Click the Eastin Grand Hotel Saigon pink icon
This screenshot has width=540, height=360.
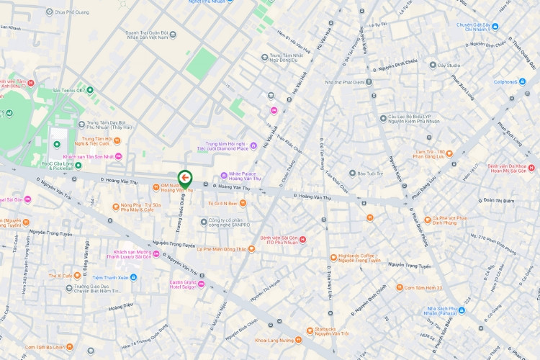point(202,283)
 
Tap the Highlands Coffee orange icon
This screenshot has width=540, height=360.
point(333,257)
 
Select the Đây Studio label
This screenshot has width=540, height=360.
point(449,66)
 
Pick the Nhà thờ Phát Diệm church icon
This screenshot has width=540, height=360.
point(369,82)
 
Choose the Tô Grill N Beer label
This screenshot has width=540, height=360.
point(222,204)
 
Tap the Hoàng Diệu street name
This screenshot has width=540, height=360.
point(120,305)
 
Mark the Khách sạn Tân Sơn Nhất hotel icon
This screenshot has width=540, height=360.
point(119,156)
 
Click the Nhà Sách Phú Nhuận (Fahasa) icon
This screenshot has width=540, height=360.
point(462,310)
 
